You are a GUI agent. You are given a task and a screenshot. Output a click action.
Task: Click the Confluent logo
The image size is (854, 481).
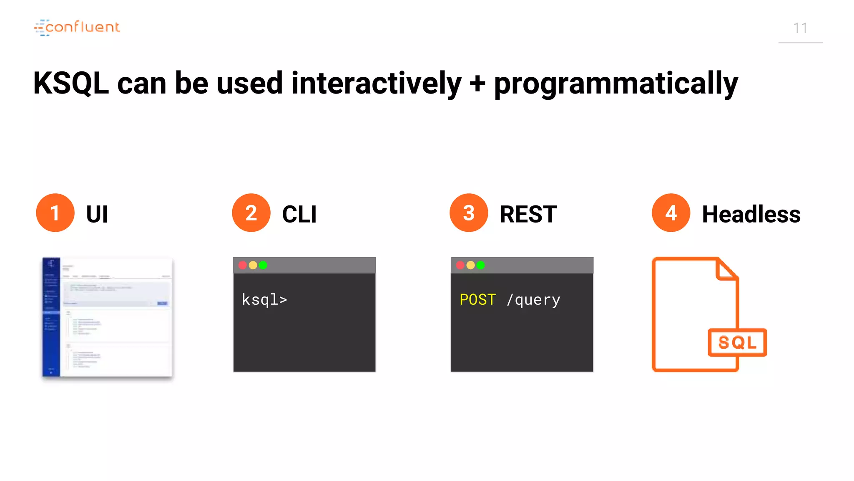pos(77,28)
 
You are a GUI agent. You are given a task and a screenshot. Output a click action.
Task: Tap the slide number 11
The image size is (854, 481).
pos(800,28)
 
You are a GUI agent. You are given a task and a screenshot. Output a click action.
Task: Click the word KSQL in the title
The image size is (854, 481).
pos(71,83)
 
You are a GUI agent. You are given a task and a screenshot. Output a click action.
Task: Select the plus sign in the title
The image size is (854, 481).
pos(477,83)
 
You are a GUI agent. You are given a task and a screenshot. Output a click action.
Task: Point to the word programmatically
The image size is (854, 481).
pos(616,84)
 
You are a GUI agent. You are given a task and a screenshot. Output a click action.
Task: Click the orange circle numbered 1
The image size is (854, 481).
pos(55,213)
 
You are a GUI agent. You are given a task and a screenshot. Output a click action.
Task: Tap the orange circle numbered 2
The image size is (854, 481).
pos(251,213)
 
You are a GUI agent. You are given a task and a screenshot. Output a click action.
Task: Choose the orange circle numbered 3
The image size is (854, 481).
pos(469,213)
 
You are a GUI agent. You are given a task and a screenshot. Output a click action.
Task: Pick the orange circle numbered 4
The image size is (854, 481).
pos(671,213)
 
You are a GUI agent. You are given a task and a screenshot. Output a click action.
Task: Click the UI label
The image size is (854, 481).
pos(97,214)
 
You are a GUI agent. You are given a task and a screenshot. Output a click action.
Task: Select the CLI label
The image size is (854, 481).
pos(299,214)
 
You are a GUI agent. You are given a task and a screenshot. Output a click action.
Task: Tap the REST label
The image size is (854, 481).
pos(528,214)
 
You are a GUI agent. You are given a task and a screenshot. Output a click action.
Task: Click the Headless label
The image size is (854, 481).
pos(751,214)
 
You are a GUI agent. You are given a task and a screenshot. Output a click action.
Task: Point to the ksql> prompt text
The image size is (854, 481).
pos(264,300)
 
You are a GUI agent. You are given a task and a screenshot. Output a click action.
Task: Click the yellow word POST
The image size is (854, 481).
pos(477,300)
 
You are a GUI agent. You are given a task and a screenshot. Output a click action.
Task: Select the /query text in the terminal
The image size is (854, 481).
pos(533,300)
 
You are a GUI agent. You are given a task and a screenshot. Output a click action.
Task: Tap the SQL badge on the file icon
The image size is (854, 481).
pos(737,342)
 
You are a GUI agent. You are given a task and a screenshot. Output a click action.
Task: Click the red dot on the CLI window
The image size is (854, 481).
pos(243,265)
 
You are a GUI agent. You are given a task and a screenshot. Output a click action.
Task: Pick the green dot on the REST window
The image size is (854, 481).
pos(480,265)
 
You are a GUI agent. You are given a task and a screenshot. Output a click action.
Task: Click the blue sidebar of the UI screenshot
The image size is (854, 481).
pos(51,317)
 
